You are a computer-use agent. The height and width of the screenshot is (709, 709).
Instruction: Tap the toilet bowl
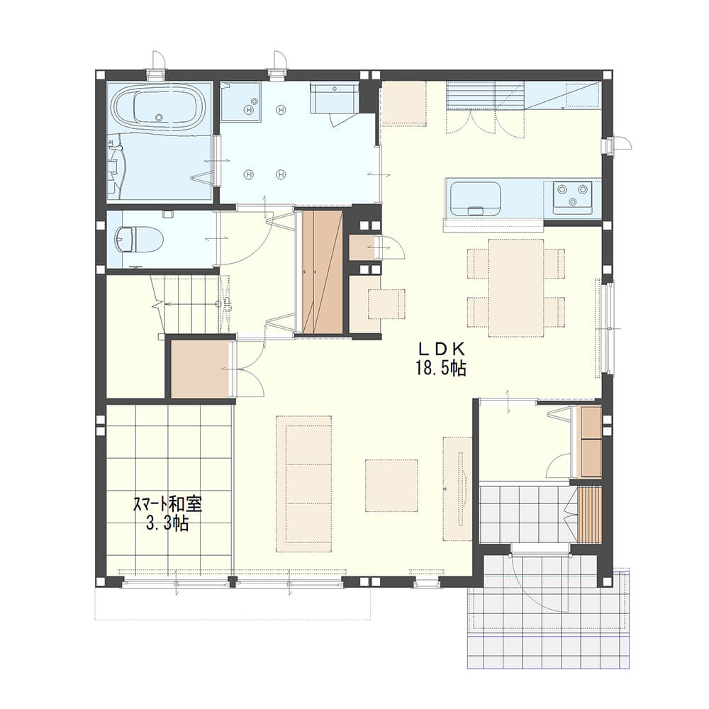click(x=138, y=238)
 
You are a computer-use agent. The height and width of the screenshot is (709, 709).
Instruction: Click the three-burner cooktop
click(x=573, y=198)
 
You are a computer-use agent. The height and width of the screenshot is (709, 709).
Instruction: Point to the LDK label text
click(x=440, y=350)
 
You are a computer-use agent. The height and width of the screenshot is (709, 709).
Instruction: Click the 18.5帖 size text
click(x=441, y=369)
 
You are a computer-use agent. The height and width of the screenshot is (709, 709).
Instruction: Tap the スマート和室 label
click(x=167, y=504)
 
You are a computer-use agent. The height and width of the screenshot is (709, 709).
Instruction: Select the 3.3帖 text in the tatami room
click(x=167, y=524)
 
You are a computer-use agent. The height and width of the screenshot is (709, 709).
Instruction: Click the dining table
click(x=516, y=288)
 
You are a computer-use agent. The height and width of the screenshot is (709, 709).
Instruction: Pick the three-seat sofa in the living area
click(x=304, y=484)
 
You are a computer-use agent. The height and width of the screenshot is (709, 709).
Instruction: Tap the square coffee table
click(x=391, y=485)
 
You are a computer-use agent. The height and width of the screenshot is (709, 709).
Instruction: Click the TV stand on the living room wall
click(x=457, y=489)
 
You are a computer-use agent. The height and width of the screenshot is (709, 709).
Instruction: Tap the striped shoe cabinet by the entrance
click(x=589, y=515)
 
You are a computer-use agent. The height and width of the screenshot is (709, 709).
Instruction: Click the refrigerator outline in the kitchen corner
click(x=583, y=95)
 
